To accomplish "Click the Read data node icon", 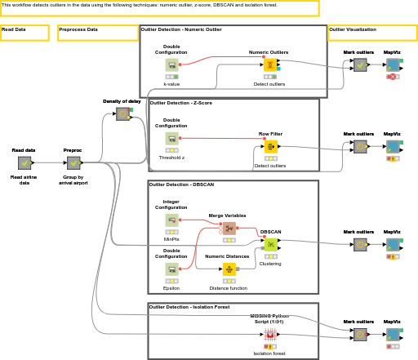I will [24, 163].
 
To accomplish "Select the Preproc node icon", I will [73, 163].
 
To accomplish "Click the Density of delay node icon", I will [122, 113].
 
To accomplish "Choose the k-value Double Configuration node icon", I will [171, 65].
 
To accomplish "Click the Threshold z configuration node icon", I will [171, 139].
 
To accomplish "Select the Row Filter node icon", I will [270, 147].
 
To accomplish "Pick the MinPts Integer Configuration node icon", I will [171, 220].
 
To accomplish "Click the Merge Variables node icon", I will [229, 229].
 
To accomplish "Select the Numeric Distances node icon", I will [229, 269].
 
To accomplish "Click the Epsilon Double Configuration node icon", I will [171, 269].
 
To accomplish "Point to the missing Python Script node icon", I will [269, 334].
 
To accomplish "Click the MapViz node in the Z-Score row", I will [393, 147].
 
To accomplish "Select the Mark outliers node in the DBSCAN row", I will [359, 244].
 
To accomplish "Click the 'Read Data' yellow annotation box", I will [24, 33].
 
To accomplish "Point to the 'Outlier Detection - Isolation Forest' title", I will [189, 307].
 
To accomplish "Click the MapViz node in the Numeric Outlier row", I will [393, 65].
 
